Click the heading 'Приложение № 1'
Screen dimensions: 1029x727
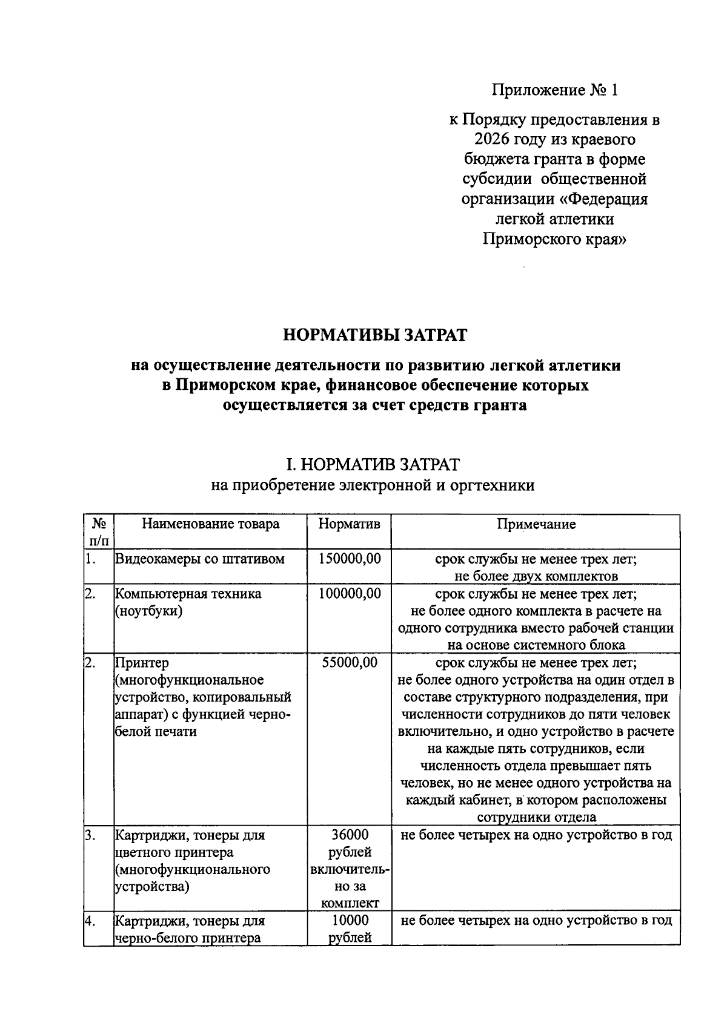[554, 90]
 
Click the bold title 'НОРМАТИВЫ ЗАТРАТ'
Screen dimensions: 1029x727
[376, 335]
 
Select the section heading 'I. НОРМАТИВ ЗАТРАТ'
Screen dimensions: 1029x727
[373, 465]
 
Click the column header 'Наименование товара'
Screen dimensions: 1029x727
[210, 524]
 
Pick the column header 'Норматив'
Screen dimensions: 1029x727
[350, 524]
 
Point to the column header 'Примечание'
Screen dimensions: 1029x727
[536, 524]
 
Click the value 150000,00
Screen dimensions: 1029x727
[350, 559]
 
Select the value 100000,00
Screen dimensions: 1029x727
[350, 594]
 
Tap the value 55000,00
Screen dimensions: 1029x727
[350, 663]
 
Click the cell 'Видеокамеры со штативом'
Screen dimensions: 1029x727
[200, 559]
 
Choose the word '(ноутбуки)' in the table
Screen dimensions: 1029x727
[149, 611]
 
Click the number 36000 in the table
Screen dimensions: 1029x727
[350, 835]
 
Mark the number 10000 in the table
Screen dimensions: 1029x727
[350, 921]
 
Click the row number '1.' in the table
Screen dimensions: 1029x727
[91, 559]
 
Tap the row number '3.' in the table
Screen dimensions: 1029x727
[91, 835]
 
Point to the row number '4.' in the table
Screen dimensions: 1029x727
[91, 921]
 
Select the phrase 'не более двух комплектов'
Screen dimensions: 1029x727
[536, 576]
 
